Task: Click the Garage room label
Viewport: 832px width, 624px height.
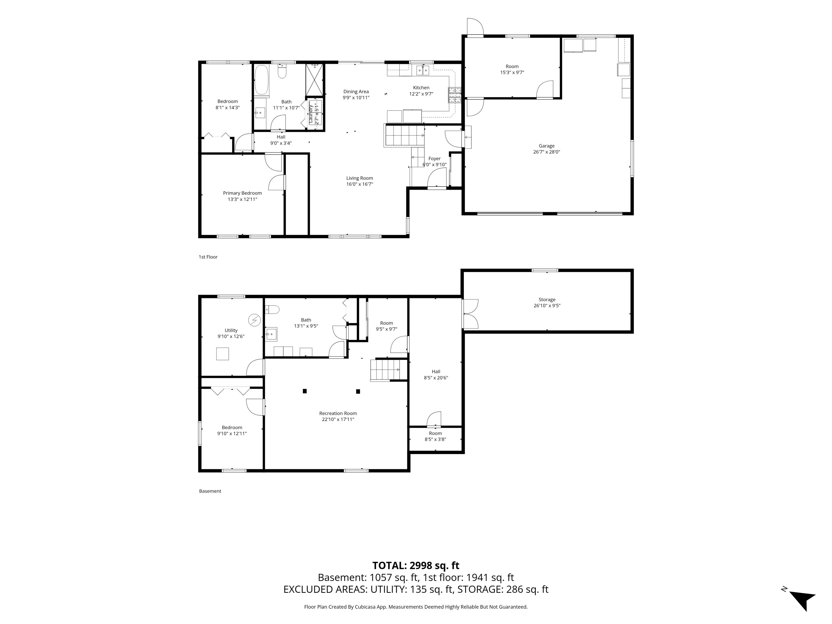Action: coord(546,146)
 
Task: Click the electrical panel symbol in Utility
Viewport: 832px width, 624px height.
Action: coord(254,320)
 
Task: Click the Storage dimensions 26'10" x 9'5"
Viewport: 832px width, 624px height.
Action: coord(547,306)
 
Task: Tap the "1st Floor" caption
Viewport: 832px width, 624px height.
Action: coord(208,257)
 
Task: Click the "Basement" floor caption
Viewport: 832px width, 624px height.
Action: coord(210,491)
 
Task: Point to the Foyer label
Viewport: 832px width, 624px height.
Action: coord(434,159)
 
